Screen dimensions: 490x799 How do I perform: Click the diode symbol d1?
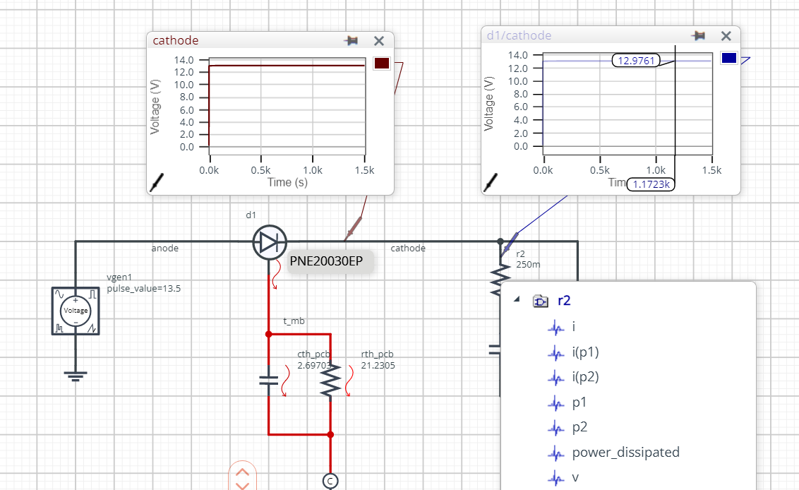(269, 242)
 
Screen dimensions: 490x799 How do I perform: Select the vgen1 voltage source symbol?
(75, 311)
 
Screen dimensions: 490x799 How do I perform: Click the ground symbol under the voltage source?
(75, 375)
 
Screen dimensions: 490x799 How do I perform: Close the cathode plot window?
(379, 41)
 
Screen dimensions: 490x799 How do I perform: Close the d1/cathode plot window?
(726, 36)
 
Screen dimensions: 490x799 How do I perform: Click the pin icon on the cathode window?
(351, 41)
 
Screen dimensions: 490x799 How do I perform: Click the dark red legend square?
(381, 64)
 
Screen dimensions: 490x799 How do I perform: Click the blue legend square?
(729, 58)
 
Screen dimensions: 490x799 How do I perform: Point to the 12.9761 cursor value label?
(635, 61)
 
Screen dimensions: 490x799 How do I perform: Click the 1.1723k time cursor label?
(651, 184)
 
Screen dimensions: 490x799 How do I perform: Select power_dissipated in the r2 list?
(625, 452)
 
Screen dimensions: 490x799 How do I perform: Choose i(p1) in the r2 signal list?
(585, 352)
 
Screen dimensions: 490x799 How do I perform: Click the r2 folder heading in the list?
(563, 300)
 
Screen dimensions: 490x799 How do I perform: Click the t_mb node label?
(294, 321)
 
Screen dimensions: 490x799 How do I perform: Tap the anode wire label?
(165, 249)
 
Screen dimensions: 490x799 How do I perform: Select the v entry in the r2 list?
(575, 477)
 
